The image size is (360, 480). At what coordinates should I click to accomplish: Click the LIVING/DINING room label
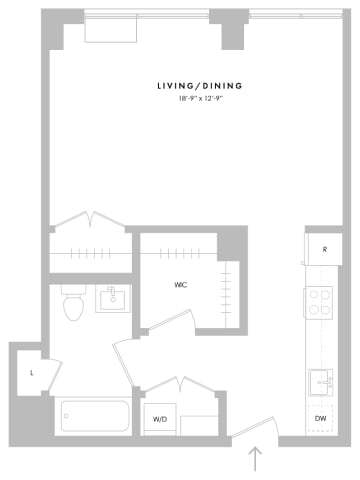tap(200, 86)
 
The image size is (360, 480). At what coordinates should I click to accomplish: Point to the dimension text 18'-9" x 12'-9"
tap(200, 98)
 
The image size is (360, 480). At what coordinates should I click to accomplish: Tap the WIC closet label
tap(181, 285)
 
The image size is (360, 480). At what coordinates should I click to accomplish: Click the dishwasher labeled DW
tap(320, 418)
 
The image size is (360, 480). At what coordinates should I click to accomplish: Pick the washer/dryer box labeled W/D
tap(159, 419)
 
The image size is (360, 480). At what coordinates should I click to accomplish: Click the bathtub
tap(94, 416)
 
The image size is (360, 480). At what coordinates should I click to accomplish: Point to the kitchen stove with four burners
tap(321, 301)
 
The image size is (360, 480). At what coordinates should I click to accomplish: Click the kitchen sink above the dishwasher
tap(321, 382)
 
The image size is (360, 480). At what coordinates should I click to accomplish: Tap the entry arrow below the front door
tap(256, 459)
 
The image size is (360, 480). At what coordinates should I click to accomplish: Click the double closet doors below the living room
tap(91, 219)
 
